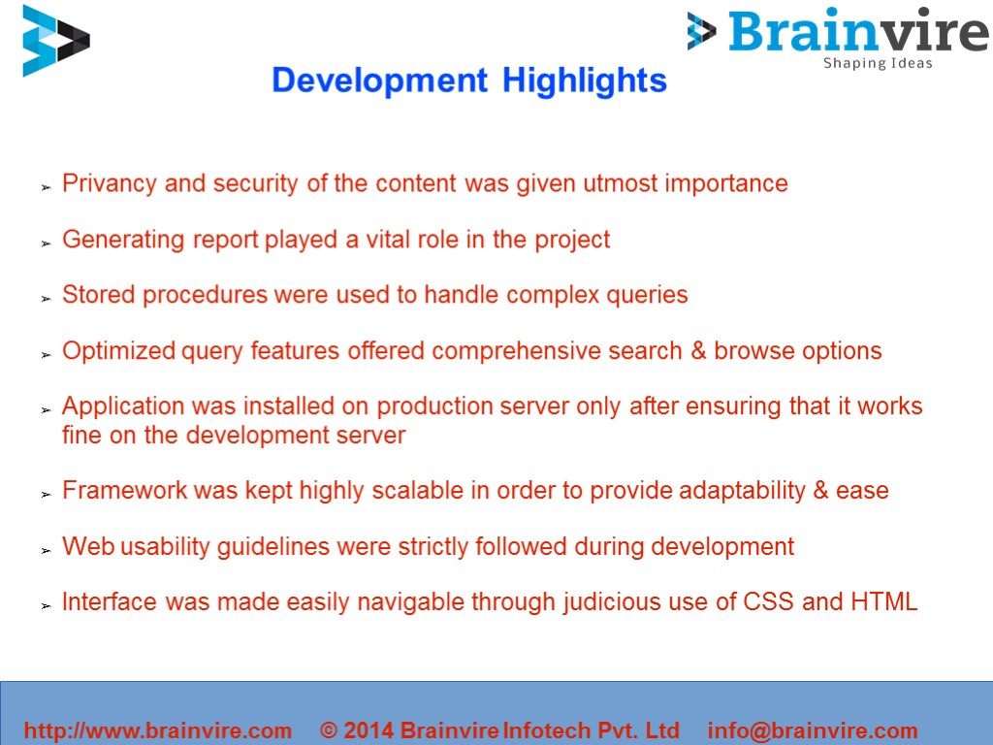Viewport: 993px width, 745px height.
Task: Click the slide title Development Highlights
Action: click(469, 81)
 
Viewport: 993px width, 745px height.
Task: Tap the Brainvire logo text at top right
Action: click(857, 31)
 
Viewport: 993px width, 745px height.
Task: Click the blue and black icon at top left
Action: click(55, 41)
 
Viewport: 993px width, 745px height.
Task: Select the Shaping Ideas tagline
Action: click(878, 64)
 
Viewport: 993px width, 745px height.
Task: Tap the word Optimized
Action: click(119, 351)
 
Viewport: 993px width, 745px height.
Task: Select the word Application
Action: click(122, 406)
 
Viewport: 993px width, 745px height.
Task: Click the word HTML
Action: click(883, 601)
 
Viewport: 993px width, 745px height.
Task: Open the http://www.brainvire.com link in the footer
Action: click(157, 730)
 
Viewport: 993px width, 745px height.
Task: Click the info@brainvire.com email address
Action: click(813, 730)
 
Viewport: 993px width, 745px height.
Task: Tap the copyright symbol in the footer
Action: click(329, 730)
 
